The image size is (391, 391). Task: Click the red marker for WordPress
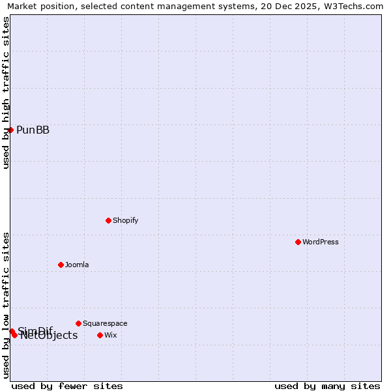pyautogui.click(x=298, y=242)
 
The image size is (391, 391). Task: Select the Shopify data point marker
pyautogui.click(x=108, y=220)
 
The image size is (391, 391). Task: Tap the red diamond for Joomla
pyautogui.click(x=61, y=265)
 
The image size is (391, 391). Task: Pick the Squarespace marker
pyautogui.click(x=78, y=323)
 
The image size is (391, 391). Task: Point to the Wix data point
pyautogui.click(x=100, y=335)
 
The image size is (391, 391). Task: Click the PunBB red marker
pyautogui.click(x=11, y=130)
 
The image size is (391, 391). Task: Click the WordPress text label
pyautogui.click(x=321, y=242)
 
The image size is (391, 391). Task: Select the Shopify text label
pyautogui.click(x=126, y=220)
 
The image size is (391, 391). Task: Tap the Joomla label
pyautogui.click(x=77, y=265)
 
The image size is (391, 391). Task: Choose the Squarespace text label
pyautogui.click(x=105, y=323)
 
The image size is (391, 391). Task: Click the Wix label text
pyautogui.click(x=111, y=335)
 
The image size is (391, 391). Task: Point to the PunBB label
pyautogui.click(x=33, y=130)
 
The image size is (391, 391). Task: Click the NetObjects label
pyautogui.click(x=49, y=336)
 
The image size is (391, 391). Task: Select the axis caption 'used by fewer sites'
pyautogui.click(x=67, y=386)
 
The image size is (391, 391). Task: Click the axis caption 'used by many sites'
pyautogui.click(x=327, y=386)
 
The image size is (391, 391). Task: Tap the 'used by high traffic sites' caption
pyautogui.click(x=6, y=93)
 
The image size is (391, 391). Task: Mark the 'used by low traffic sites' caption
pyautogui.click(x=6, y=304)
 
